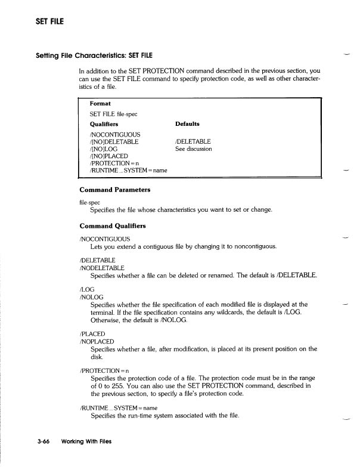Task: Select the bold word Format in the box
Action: click(100, 103)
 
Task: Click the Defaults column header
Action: click(187, 124)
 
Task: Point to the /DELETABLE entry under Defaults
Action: click(193, 141)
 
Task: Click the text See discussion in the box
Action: click(194, 149)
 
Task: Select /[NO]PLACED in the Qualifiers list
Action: click(108, 156)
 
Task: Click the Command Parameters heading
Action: click(114, 190)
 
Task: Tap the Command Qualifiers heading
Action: click(112, 227)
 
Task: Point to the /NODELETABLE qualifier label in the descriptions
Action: click(101, 268)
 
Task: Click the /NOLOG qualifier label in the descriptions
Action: click(92, 297)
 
